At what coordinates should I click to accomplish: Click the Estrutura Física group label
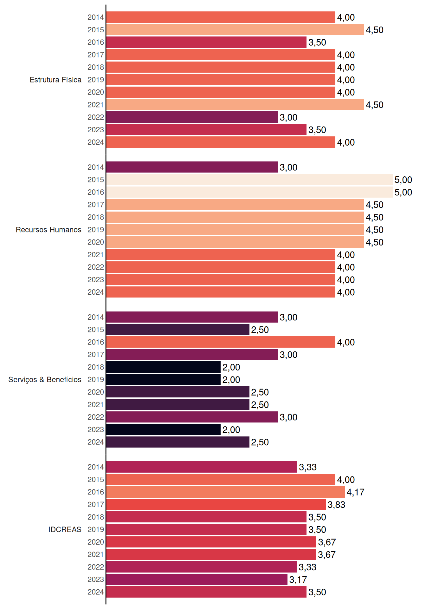[55, 80]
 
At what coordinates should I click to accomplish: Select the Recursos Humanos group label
[48, 230]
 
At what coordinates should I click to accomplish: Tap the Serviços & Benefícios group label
[45, 380]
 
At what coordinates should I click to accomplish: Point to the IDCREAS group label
[65, 529]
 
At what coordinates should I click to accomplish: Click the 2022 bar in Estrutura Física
[192, 117]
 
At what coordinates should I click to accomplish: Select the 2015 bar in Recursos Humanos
[249, 180]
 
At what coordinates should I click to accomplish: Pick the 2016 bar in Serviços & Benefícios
[221, 342]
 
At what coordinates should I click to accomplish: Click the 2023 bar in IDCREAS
[197, 580]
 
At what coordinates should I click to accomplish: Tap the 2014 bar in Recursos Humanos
[192, 167]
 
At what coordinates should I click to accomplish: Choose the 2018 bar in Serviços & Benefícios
[164, 367]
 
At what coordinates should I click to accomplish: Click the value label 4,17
[355, 492]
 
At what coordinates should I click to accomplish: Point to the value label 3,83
[336, 505]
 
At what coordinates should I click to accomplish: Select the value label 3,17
[298, 580]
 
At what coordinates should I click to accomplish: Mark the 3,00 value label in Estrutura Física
[288, 117]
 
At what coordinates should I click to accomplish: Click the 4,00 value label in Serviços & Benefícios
[346, 342]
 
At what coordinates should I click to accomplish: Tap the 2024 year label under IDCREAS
[96, 592]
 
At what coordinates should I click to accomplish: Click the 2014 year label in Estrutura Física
[96, 17]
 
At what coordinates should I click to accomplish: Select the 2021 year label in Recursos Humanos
[96, 255]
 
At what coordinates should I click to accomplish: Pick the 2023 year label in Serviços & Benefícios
[96, 430]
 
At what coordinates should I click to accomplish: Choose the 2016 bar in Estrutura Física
[206, 42]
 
